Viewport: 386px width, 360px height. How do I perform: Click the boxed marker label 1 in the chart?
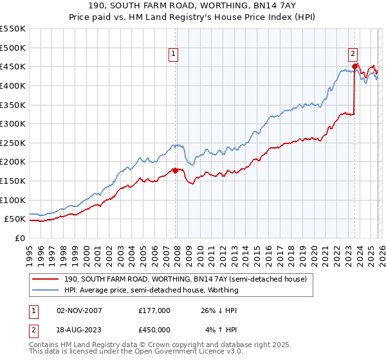[x=174, y=55]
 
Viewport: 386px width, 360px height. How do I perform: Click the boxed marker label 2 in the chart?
[x=353, y=55]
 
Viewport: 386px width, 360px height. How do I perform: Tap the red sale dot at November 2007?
[x=175, y=170]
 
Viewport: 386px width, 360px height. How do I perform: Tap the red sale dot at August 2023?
[x=354, y=66]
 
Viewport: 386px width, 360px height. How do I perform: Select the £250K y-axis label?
[x=13, y=143]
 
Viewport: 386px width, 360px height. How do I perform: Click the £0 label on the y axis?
[x=19, y=238]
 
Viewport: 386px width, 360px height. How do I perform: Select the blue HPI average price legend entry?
[x=151, y=290]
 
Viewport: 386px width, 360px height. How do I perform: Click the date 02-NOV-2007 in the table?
[x=79, y=310]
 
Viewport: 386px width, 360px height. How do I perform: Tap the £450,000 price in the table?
[x=154, y=329]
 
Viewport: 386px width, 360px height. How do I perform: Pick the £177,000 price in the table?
[x=154, y=310]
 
